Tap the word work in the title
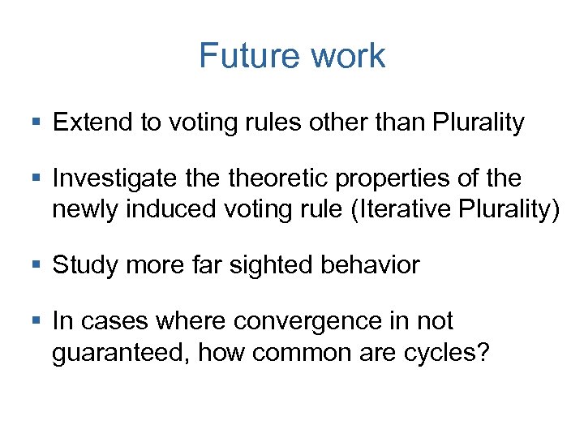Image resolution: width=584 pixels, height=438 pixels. coord(347,56)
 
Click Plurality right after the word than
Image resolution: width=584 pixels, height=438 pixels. coord(479,123)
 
